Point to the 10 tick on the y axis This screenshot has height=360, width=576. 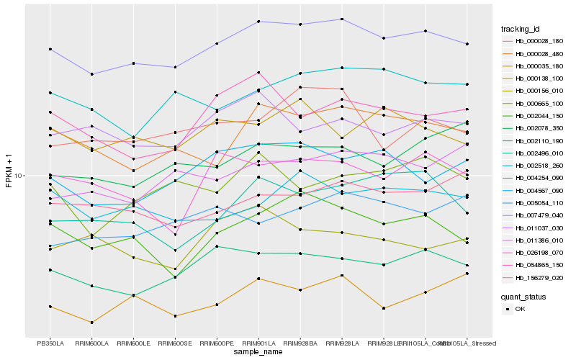coord(19,175)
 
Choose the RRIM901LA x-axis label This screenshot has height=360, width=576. coord(258,343)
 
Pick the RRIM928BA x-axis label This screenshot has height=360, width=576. coord(300,343)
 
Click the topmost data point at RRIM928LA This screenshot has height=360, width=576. coord(342,19)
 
